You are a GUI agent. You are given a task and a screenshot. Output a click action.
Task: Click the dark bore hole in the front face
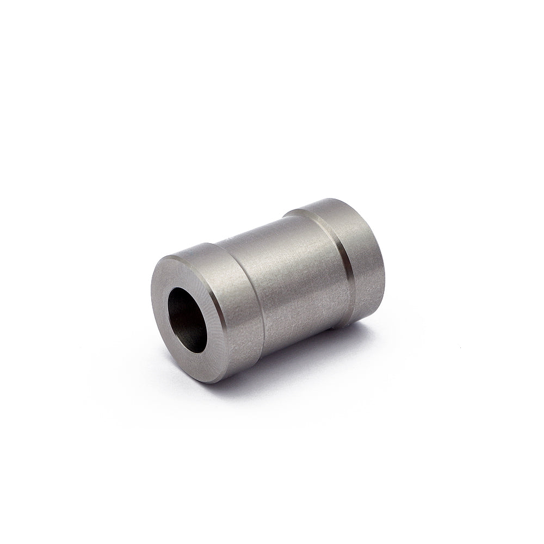click(187, 320)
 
